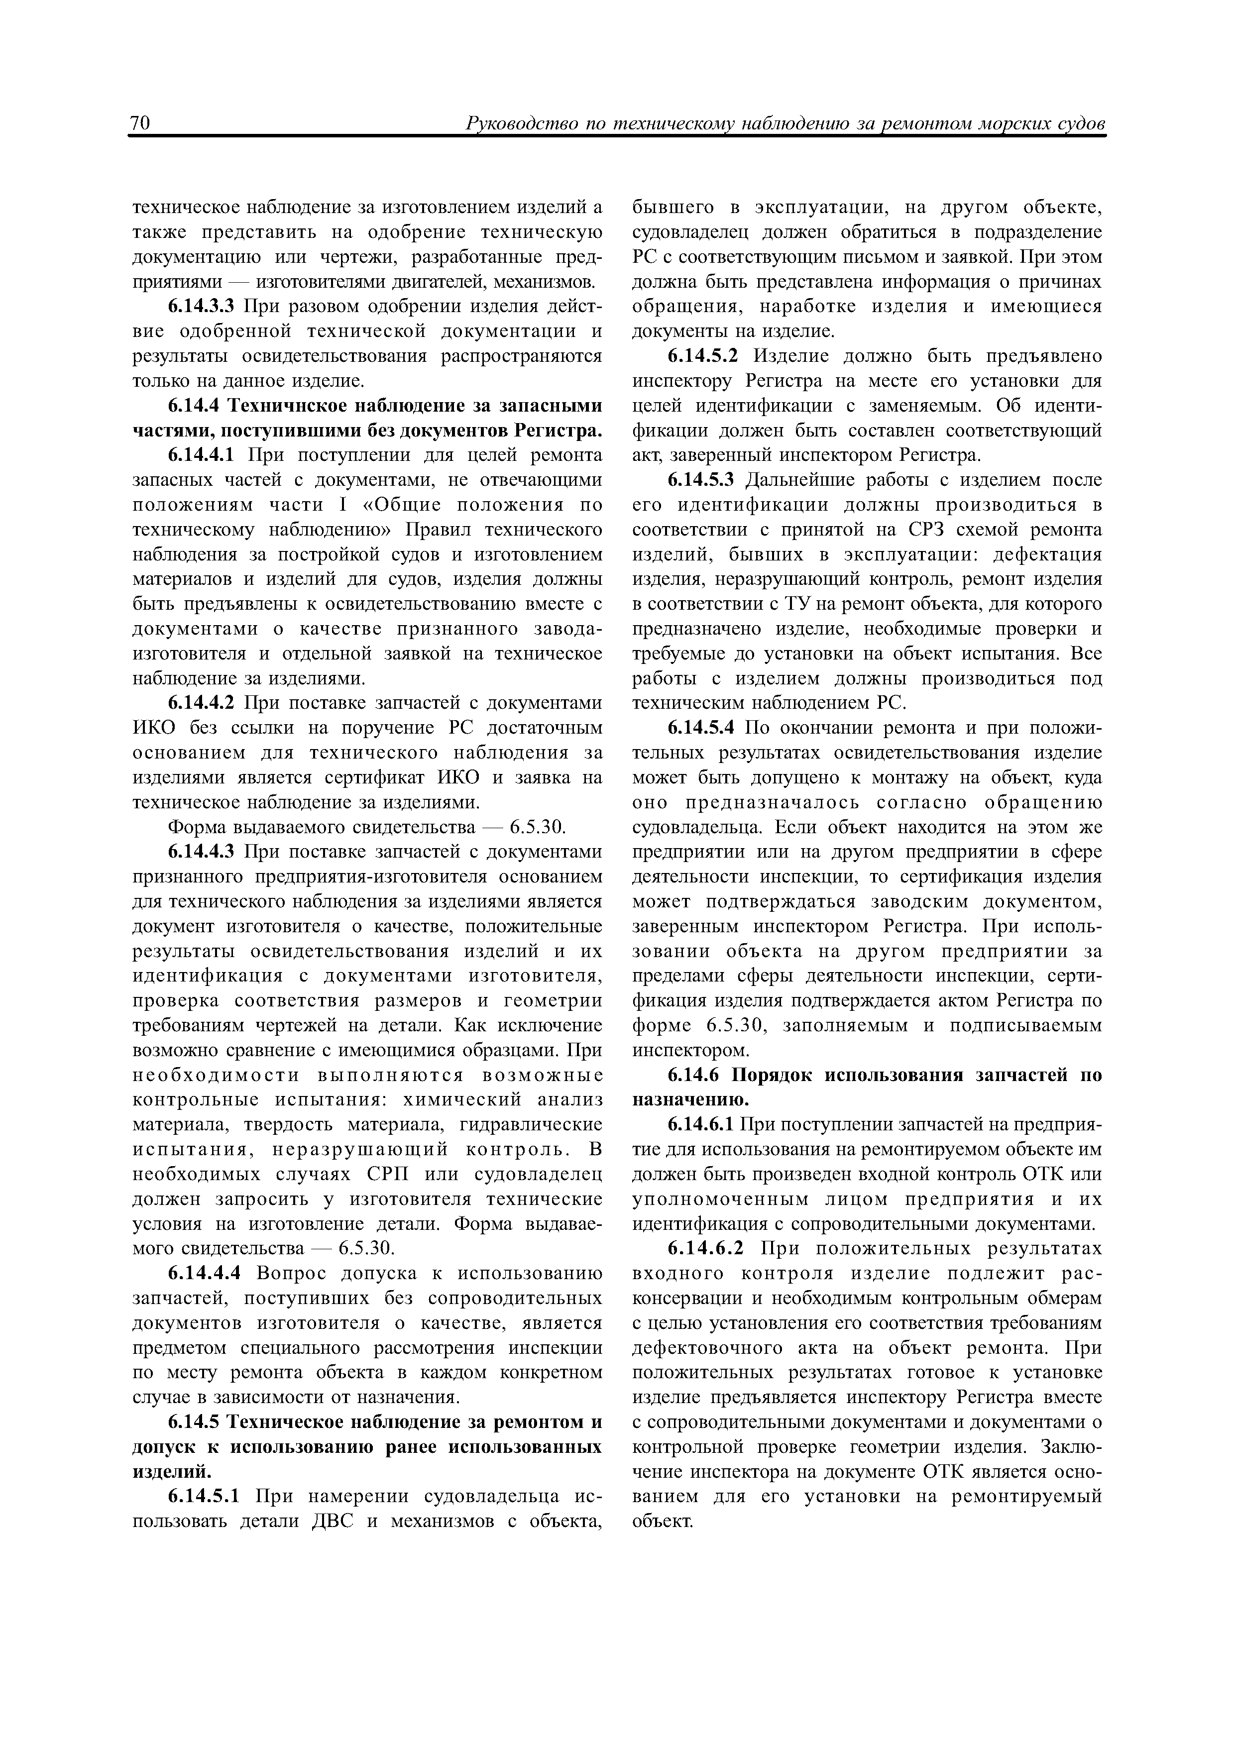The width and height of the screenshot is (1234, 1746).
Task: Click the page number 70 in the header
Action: tap(141, 123)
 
